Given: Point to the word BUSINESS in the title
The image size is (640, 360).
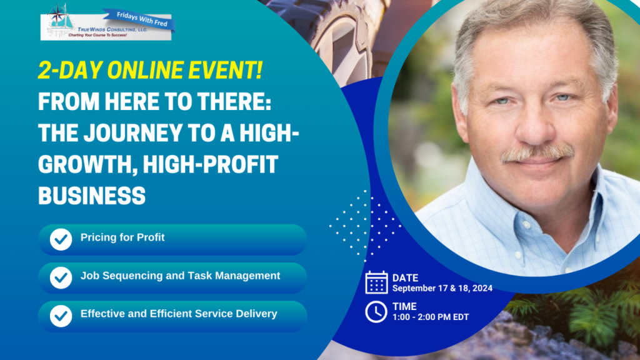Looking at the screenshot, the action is tap(92, 196).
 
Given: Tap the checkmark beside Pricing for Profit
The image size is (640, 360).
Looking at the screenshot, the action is tap(61, 239).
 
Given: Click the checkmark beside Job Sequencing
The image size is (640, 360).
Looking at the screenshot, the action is tap(61, 277).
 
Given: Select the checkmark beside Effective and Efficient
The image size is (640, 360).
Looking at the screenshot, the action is tap(61, 316).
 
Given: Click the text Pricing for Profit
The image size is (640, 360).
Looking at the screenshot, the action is tap(122, 237).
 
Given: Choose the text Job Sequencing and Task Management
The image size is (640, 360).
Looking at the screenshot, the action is tap(181, 276).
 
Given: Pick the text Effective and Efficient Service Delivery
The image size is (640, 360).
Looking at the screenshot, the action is tap(179, 314).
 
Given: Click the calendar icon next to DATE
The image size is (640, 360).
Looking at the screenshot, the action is tap(376, 282).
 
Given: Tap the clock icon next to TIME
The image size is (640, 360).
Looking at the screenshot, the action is tap(376, 312).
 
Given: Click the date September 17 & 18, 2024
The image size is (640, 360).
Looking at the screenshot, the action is tap(442, 288).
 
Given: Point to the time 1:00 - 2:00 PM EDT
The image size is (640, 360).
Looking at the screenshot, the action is tap(431, 317).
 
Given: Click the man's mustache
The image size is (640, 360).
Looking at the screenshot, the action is tap(537, 153).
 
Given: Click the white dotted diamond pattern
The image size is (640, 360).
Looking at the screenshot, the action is tap(365, 225).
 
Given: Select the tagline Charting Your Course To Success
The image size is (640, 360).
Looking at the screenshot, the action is tap(97, 36).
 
